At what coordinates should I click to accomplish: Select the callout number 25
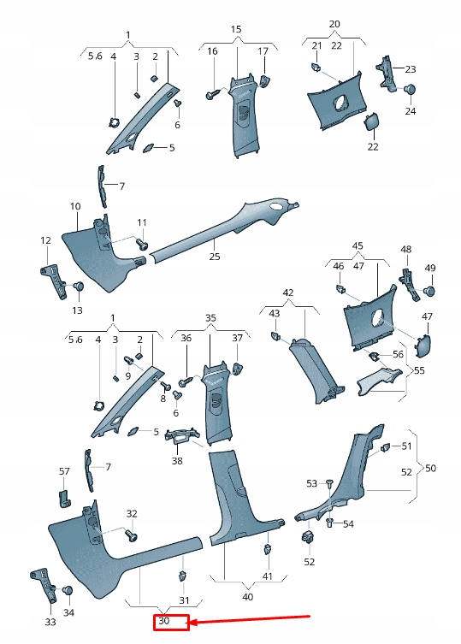click(x=214, y=256)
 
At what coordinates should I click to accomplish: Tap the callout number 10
click(x=75, y=206)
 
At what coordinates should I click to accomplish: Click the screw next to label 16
click(x=210, y=93)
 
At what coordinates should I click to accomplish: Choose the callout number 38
click(x=177, y=461)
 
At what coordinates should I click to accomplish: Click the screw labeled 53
click(x=328, y=485)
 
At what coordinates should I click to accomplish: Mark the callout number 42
click(x=288, y=292)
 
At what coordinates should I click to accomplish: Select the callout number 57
click(x=64, y=471)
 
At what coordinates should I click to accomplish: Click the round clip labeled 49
click(x=429, y=290)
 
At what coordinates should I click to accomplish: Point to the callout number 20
click(x=334, y=23)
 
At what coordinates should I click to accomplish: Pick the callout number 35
click(x=210, y=316)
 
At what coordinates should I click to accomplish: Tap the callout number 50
click(x=430, y=468)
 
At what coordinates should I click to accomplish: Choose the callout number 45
click(x=358, y=245)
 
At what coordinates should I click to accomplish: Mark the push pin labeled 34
click(x=68, y=591)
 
